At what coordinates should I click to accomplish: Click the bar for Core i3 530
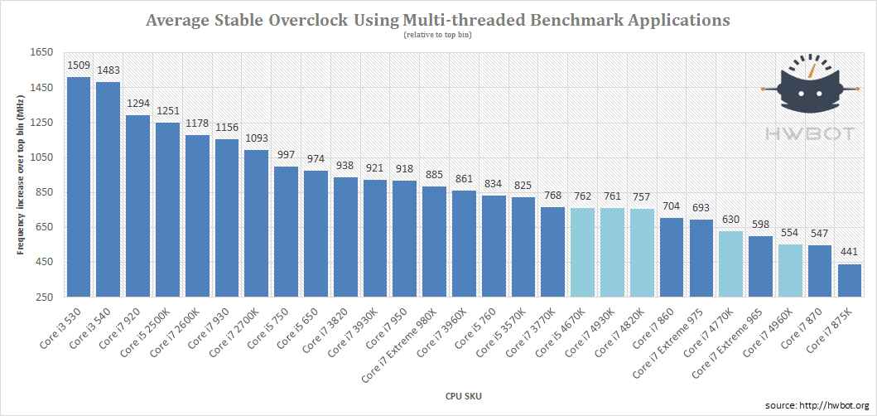click(79, 186)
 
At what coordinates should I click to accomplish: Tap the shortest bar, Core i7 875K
click(850, 280)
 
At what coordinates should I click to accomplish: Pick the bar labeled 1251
click(167, 209)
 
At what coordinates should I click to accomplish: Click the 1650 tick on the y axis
click(41, 52)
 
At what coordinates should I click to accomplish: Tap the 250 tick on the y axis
click(44, 297)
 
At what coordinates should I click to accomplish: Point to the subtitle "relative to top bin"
click(438, 35)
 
